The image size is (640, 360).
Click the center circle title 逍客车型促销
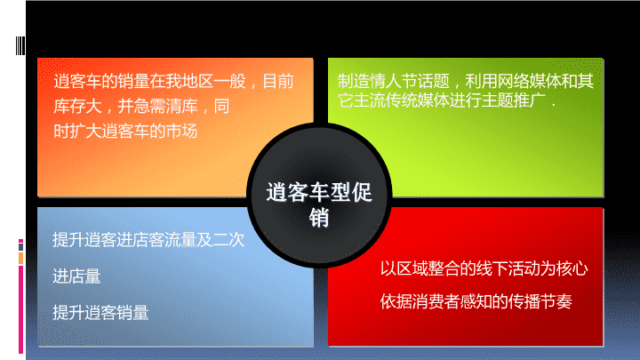tap(319, 204)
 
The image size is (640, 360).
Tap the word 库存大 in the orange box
tap(77, 106)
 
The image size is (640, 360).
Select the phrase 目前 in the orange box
tap(278, 81)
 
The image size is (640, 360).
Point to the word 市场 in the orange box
tap(182, 131)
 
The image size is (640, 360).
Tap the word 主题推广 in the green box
tap(514, 100)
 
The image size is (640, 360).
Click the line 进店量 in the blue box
tap(76, 276)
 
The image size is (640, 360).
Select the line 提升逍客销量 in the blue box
tap(100, 313)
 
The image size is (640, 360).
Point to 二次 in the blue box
tap(228, 240)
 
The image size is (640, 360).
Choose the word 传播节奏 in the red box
tap(540, 301)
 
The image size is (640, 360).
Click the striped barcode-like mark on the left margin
tap(20, 45)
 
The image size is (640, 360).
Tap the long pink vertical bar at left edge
tap(20, 309)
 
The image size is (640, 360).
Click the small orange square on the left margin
tap(20, 258)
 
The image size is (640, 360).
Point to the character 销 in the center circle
tap(319, 217)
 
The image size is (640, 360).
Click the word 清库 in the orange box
tap(182, 106)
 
